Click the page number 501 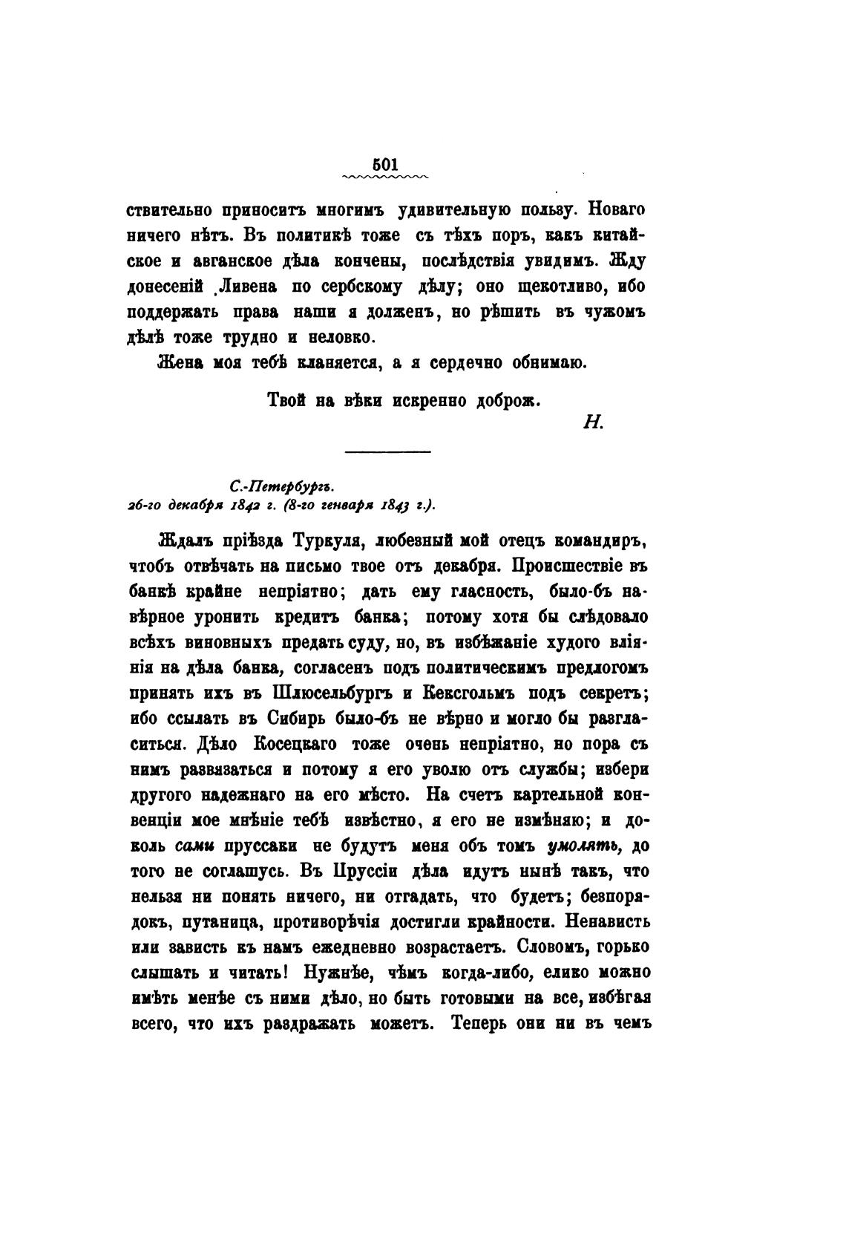click(x=385, y=165)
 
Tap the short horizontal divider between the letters click(x=387, y=451)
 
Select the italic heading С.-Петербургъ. click(x=282, y=487)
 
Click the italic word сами click(x=195, y=846)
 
